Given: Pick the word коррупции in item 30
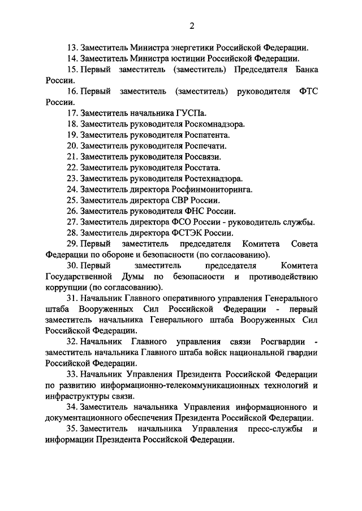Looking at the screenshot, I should tap(63, 287).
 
